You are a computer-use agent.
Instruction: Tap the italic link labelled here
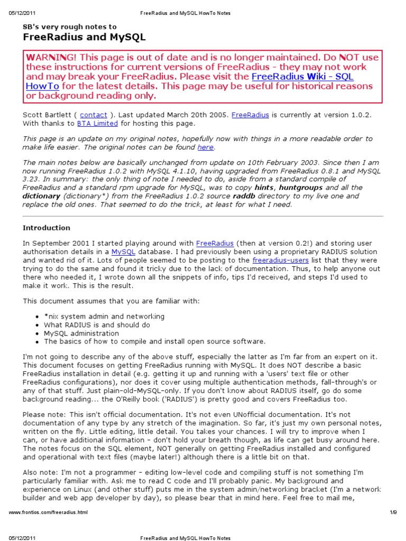(x=205, y=147)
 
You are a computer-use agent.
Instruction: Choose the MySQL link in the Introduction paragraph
(x=123, y=252)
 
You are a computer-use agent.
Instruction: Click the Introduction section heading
(x=46, y=228)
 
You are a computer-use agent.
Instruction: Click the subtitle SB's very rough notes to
(x=69, y=26)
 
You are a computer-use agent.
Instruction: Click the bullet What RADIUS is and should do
(x=97, y=325)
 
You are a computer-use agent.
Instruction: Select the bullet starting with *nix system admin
(x=104, y=316)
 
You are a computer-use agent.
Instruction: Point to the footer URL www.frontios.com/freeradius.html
(x=49, y=512)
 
